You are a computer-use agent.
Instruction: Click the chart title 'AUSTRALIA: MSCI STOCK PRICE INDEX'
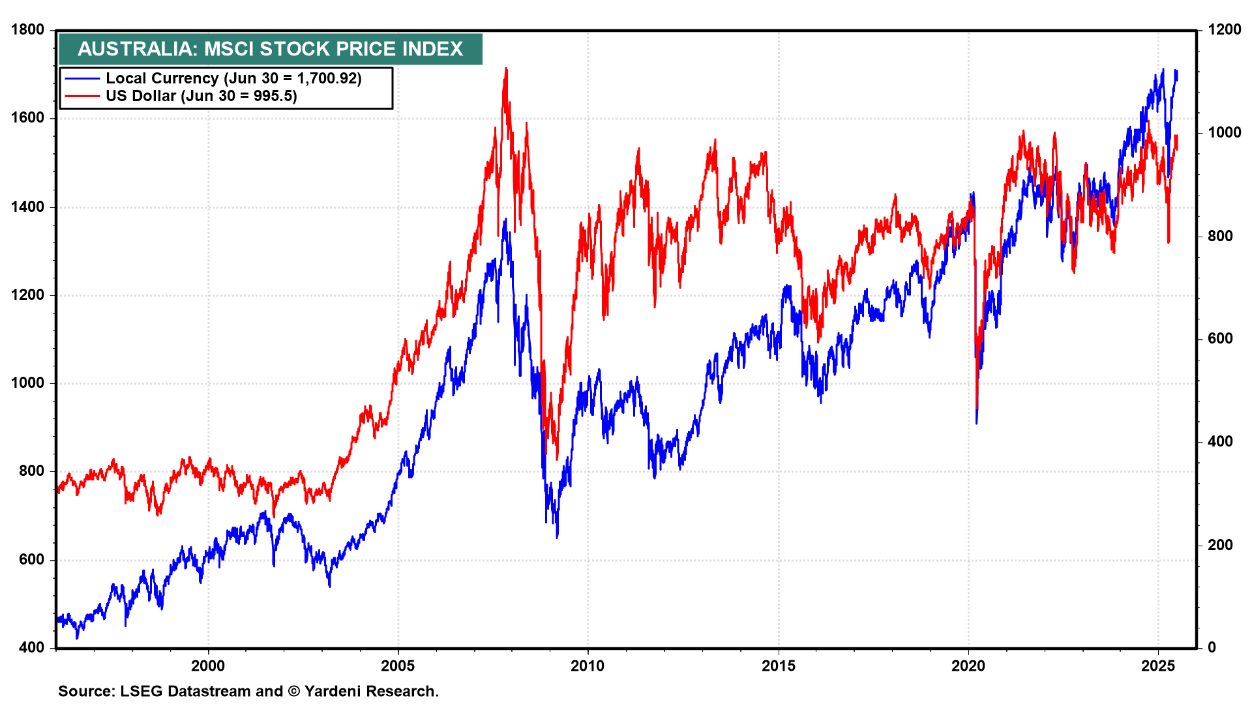pyautogui.click(x=270, y=49)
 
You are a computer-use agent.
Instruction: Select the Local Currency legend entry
pyautogui.click(x=233, y=78)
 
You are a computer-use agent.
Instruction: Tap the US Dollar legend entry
pyautogui.click(x=201, y=96)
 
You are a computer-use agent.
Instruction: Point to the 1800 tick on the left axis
pyautogui.click(x=27, y=30)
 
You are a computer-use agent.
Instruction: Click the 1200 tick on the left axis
pyautogui.click(x=27, y=295)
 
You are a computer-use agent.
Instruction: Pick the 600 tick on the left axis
pyautogui.click(x=31, y=560)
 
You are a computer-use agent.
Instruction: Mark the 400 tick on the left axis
pyautogui.click(x=31, y=648)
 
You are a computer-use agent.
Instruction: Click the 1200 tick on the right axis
pyautogui.click(x=1224, y=30)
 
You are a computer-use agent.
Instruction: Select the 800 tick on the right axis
pyautogui.click(x=1220, y=236)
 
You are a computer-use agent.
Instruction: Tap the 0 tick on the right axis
pyautogui.click(x=1212, y=648)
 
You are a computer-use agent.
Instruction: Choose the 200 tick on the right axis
pyautogui.click(x=1220, y=545)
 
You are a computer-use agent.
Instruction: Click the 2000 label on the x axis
pyautogui.click(x=208, y=666)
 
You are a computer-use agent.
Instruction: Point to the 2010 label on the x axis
pyautogui.click(x=588, y=666)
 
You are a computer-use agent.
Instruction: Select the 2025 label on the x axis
pyautogui.click(x=1158, y=666)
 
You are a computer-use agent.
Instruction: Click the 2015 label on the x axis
pyautogui.click(x=779, y=666)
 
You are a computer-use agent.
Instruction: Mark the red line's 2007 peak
pyautogui.click(x=505, y=68)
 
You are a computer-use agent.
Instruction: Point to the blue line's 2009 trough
pyautogui.click(x=557, y=537)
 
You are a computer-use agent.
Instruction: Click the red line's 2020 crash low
pyautogui.click(x=976, y=407)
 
